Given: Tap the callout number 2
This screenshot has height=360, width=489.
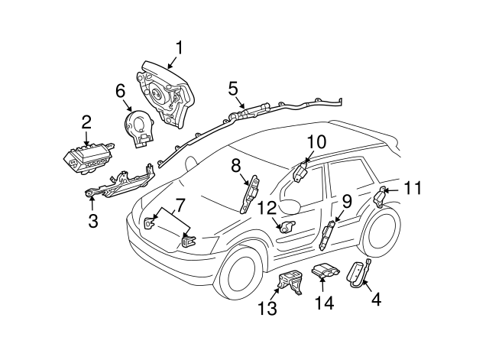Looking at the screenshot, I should coord(86,122).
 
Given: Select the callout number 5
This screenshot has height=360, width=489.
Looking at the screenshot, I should coord(233,89).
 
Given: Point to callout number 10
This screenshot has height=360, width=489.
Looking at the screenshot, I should coord(316,143).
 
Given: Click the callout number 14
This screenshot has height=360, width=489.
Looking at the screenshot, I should coord(324,303).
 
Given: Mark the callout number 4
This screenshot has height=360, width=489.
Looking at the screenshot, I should coord(374,300).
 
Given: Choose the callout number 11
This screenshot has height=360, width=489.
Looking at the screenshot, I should coord(413,187).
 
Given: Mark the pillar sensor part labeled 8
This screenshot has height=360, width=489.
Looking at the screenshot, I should coord(248,194).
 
